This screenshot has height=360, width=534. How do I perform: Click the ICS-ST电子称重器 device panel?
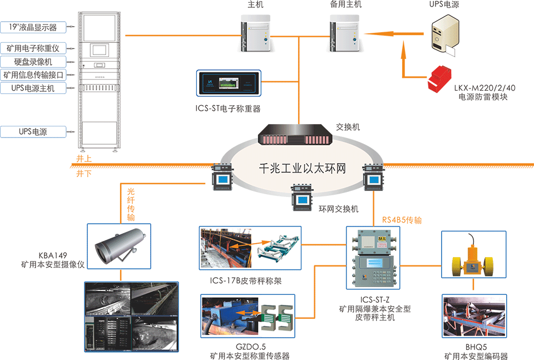point(229,84)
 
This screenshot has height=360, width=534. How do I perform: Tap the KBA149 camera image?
point(120,244)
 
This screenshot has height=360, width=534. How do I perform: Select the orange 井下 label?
point(84,174)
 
